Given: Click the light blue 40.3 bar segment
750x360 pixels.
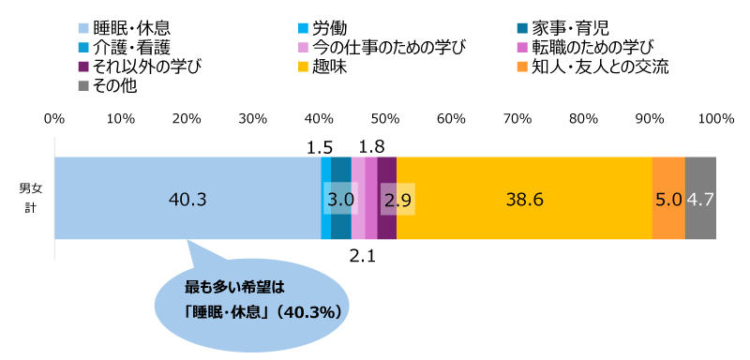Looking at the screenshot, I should (x=187, y=199).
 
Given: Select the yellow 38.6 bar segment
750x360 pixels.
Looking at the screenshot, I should (x=524, y=199).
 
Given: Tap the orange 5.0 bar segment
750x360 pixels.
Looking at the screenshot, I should (x=667, y=199).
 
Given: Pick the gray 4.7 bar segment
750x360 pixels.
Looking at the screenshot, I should (x=700, y=199).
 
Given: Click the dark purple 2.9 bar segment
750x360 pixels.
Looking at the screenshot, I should (x=387, y=199).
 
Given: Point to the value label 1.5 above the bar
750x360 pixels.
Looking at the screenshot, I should (x=320, y=147).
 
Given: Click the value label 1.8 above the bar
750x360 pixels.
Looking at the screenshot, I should (x=372, y=147).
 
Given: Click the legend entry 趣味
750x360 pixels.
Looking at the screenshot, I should (x=332, y=67).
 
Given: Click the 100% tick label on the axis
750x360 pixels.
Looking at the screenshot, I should (x=716, y=119).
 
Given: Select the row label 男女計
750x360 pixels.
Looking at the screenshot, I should (x=30, y=199).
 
